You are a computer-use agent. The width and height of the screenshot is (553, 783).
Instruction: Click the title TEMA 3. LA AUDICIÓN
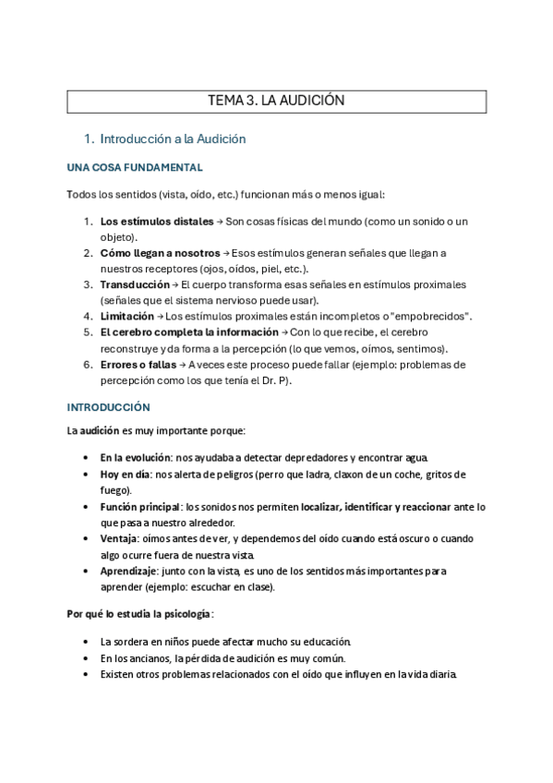coord(277,102)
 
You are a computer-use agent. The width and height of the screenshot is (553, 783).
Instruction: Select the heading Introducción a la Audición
coord(173,139)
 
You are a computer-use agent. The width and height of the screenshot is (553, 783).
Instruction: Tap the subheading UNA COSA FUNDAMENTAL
coord(135,168)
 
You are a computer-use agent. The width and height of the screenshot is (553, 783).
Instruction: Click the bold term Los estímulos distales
coord(156,222)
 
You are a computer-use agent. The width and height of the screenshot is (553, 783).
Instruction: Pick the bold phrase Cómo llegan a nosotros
coord(160,253)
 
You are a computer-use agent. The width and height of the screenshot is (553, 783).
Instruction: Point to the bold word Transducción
coord(135,284)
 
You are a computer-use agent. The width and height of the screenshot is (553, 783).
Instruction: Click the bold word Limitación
coord(126,316)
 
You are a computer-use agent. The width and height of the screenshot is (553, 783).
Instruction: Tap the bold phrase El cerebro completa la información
coord(189,331)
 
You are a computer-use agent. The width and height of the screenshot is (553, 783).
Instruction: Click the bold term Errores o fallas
coord(138,364)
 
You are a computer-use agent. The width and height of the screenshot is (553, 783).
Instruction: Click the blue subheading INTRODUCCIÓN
coord(109,407)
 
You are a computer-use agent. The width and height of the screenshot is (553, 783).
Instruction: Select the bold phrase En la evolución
coord(139,458)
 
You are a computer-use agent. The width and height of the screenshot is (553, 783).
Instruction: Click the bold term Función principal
coord(141,507)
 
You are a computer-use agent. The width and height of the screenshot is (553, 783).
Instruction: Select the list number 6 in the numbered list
coord(88,364)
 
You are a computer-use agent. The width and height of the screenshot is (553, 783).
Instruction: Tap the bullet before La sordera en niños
coord(86,642)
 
